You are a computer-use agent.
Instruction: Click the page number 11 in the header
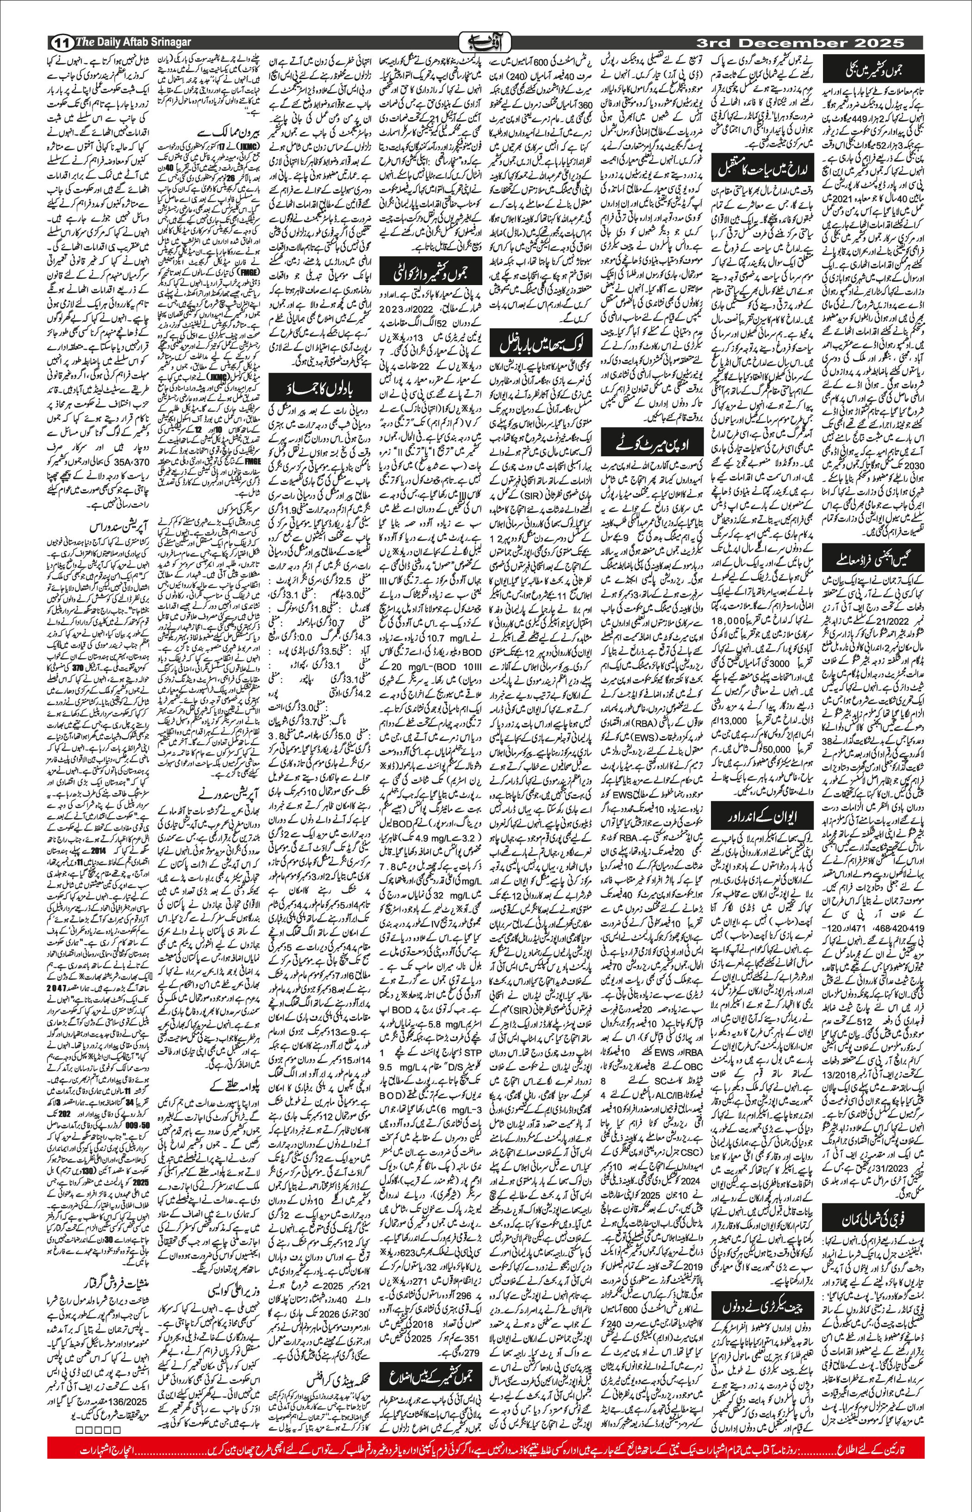[x=61, y=43]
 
